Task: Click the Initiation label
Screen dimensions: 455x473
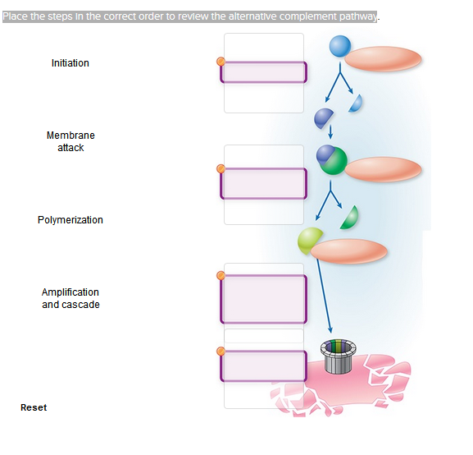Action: (70, 63)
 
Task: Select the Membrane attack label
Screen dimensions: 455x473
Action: (70, 141)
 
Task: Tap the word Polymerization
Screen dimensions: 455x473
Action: (70, 220)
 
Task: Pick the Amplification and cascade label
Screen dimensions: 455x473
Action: (70, 298)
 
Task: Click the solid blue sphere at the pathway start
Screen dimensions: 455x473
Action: (340, 48)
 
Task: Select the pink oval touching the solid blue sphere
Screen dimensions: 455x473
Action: (384, 58)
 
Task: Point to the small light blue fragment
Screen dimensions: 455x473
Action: (356, 103)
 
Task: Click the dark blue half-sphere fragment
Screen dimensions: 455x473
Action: (324, 117)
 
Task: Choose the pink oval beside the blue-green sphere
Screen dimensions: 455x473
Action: (384, 169)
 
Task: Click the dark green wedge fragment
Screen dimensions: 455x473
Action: (350, 217)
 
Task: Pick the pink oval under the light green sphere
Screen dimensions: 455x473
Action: (349, 252)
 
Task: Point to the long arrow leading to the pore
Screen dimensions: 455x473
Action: (323, 292)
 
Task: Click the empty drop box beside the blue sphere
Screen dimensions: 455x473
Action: (263, 72)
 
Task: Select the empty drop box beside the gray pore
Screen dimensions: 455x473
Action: (263, 365)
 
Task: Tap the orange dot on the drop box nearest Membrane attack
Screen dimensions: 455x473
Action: (220, 169)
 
